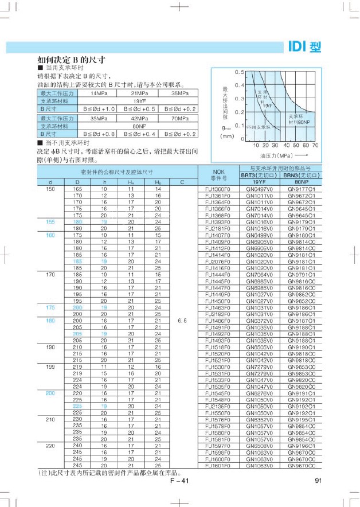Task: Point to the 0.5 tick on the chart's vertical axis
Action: pos(240,72)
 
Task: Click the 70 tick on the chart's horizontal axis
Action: pos(315,146)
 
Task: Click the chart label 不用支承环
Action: pos(259,127)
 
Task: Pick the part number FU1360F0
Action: pos(217,189)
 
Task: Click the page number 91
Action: pos(318,481)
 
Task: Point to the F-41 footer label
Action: pos(179,481)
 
